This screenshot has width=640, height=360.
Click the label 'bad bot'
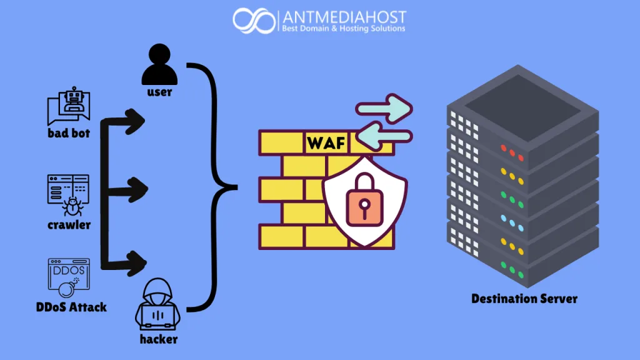click(x=68, y=133)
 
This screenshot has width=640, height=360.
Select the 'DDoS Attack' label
click(x=71, y=307)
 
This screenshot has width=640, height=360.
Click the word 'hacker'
click(x=158, y=339)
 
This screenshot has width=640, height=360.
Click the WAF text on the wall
click(x=326, y=143)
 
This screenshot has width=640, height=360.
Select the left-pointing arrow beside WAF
click(x=385, y=137)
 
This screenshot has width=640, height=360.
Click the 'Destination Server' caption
click(x=524, y=298)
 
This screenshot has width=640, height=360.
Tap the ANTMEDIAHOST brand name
click(x=343, y=16)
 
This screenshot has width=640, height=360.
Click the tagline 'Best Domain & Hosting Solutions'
click(x=343, y=28)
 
